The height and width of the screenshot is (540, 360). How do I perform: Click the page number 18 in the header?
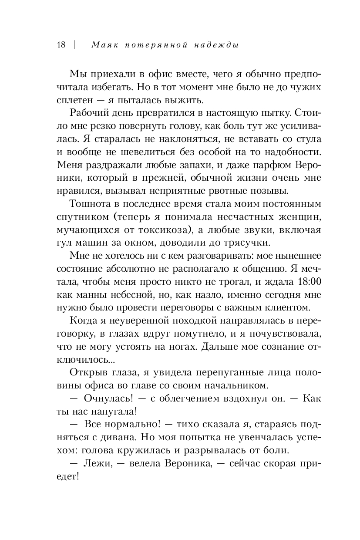point(61,45)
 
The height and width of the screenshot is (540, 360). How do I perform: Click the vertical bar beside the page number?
point(75,45)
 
